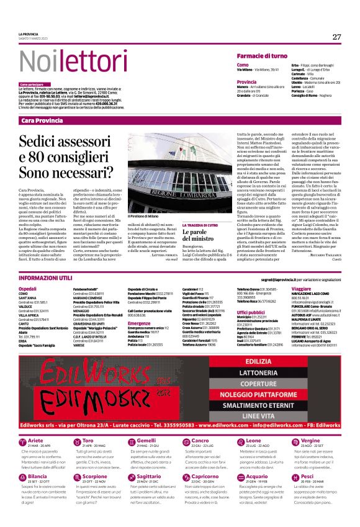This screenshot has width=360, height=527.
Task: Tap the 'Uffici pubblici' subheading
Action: pos(250,312)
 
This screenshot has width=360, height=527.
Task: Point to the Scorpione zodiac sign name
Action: pos(95,476)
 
